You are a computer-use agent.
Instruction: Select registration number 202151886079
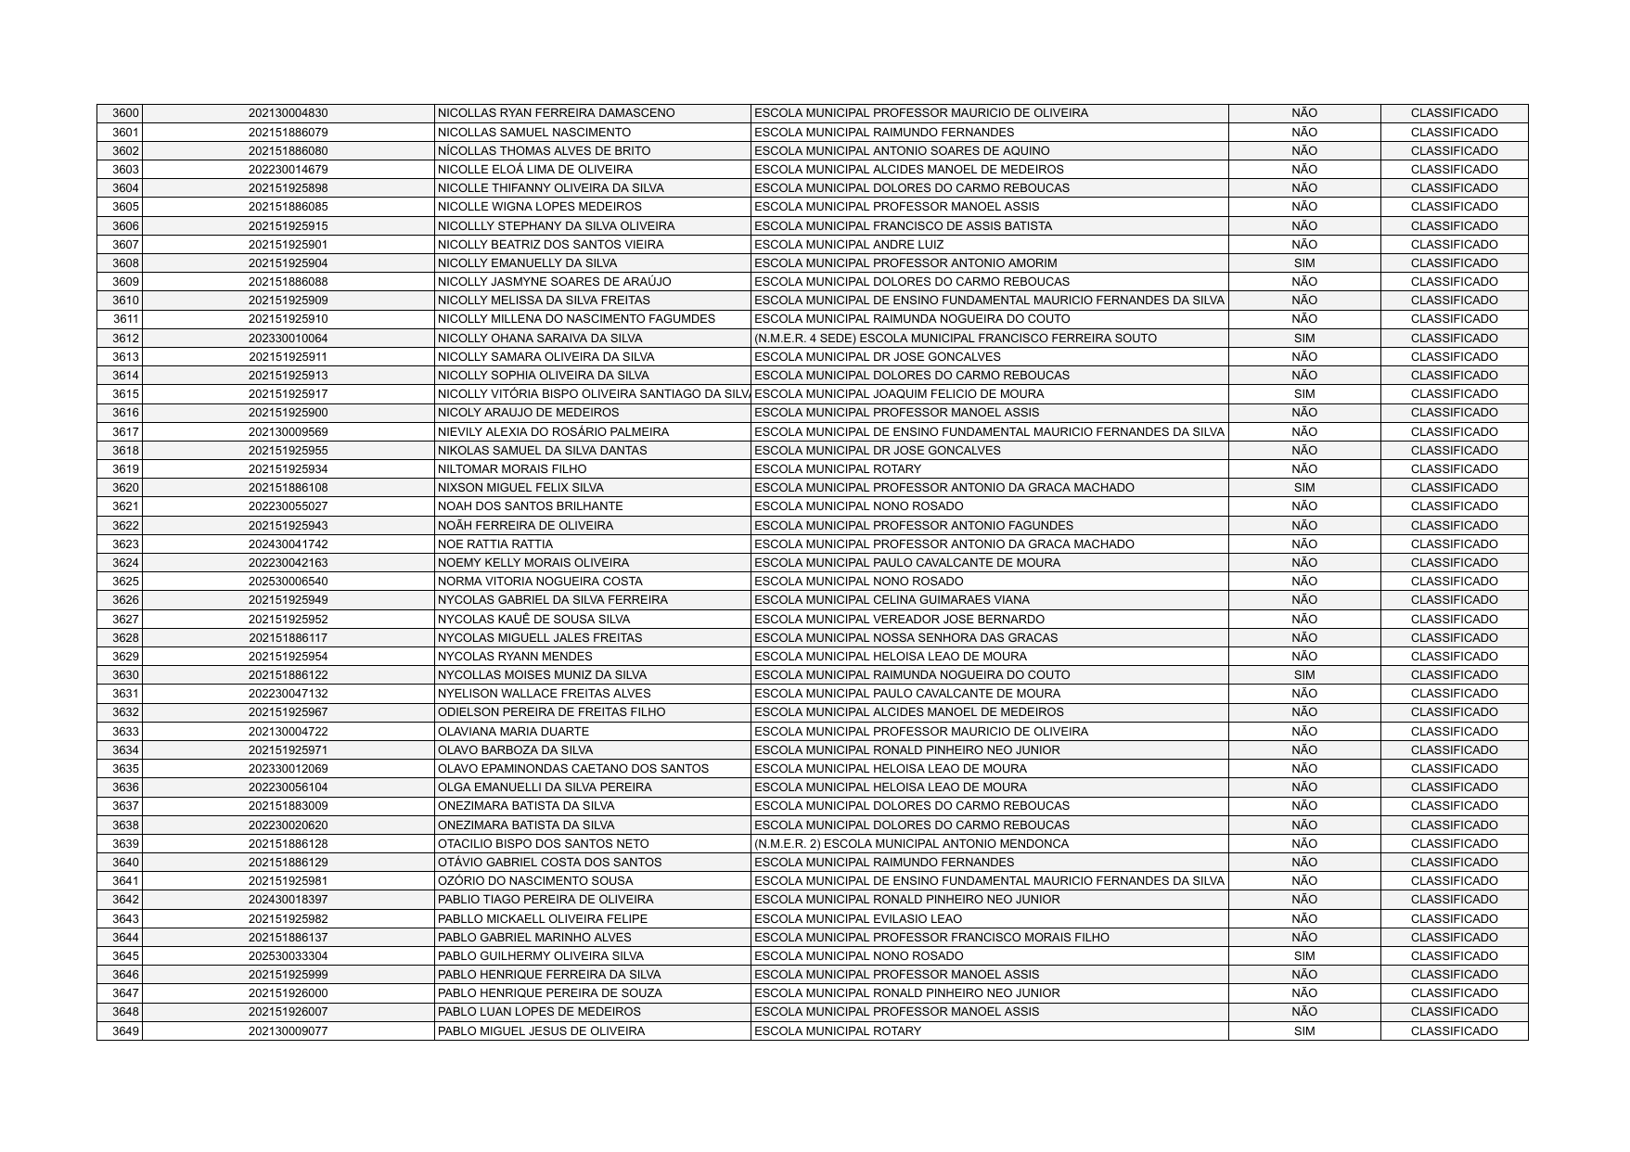[288, 133]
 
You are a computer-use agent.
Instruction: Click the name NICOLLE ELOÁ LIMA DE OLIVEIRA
[534, 170]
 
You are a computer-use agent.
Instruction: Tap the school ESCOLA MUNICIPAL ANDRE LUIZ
[849, 245]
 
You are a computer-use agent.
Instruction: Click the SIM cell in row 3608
[1303, 263]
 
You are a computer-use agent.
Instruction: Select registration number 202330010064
[288, 339]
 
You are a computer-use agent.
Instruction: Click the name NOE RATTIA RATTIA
[494, 544]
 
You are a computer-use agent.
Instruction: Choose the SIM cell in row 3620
[1303, 488]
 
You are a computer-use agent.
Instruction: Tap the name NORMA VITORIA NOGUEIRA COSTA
[539, 582]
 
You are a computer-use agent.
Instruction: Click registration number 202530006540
[288, 582]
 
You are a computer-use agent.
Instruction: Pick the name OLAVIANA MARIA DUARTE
[513, 732]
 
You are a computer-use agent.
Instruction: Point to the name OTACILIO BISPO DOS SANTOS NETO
[543, 844]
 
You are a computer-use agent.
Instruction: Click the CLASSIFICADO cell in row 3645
[1454, 956]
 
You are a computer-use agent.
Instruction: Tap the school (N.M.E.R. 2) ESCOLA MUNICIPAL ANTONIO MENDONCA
[911, 844]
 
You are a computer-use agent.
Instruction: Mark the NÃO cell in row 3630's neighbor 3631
[1303, 694]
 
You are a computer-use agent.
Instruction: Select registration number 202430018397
[288, 900]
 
